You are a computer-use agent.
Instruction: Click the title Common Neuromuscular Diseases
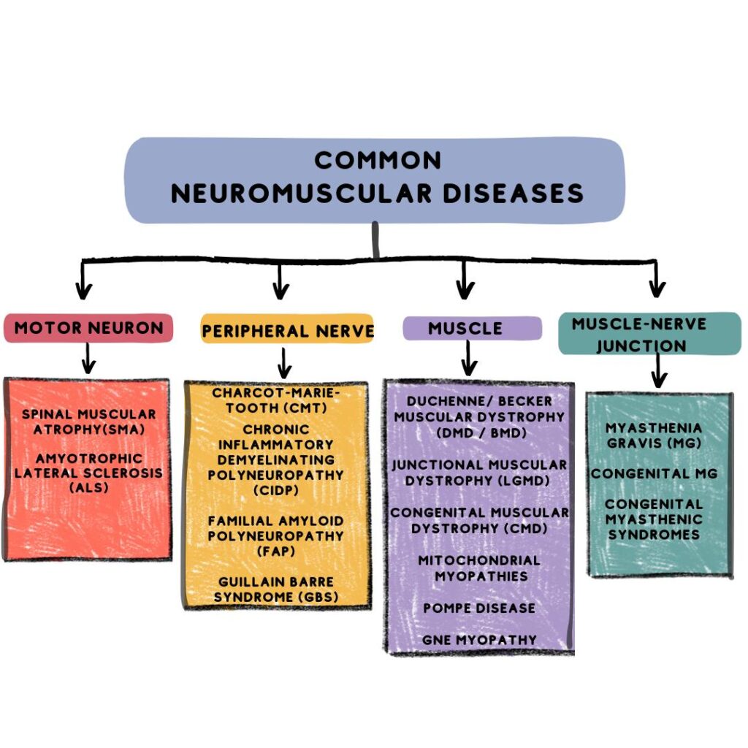(377, 177)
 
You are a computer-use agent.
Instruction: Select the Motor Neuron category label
(88, 328)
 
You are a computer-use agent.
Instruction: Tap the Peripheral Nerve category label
(288, 331)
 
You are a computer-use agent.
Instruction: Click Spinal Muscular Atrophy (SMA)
(88, 421)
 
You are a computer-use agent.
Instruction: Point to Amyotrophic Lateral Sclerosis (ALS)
(88, 473)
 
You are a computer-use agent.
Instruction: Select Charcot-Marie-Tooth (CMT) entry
(276, 400)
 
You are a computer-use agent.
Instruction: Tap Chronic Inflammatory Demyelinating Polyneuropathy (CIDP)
(276, 459)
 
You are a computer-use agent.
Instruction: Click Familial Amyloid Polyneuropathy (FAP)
(276, 535)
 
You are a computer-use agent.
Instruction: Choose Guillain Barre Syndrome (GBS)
(276, 589)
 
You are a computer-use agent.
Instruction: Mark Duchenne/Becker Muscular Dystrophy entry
(479, 416)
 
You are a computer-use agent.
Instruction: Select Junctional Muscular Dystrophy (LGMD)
(479, 473)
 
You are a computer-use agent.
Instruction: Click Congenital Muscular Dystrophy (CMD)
(479, 520)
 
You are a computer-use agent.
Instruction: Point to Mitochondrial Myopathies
(479, 568)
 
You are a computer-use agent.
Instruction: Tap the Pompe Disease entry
(479, 608)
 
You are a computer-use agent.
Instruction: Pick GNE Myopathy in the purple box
(479, 640)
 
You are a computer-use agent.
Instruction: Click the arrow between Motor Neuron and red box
(88, 358)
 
